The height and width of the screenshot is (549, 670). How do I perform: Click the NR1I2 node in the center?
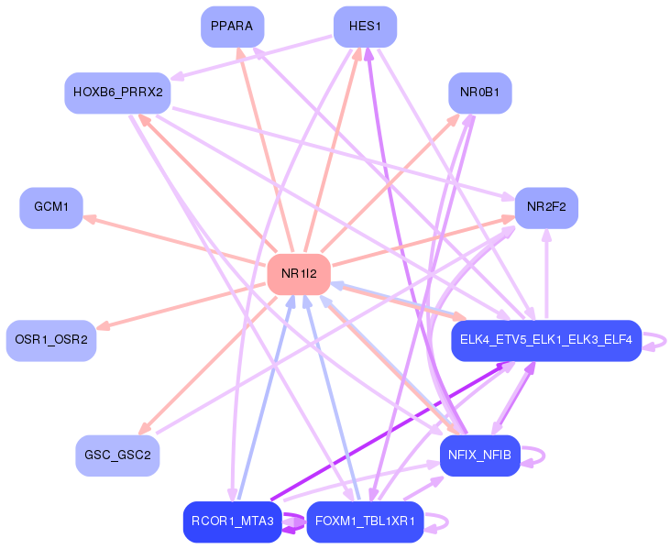click(x=299, y=273)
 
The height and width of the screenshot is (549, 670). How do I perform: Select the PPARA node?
click(x=232, y=26)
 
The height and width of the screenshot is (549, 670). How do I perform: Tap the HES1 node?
click(x=365, y=26)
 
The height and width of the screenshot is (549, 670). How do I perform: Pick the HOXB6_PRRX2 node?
click(x=117, y=93)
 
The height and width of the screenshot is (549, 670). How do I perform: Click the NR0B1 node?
click(x=479, y=93)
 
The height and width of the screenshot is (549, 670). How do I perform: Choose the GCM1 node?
click(x=51, y=207)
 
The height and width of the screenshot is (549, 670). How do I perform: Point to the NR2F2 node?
click(x=546, y=207)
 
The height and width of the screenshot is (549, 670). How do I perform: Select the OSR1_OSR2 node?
click(x=51, y=340)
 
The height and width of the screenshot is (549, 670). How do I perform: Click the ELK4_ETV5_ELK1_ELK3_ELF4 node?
click(x=545, y=340)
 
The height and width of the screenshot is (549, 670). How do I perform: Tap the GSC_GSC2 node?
click(x=117, y=455)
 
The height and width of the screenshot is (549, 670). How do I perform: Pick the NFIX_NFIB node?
click(x=479, y=455)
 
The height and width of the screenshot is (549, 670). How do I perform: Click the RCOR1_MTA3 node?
click(x=232, y=522)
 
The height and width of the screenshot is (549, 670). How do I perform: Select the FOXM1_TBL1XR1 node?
click(x=365, y=522)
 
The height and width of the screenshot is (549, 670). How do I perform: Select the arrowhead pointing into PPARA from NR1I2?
click(x=240, y=52)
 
